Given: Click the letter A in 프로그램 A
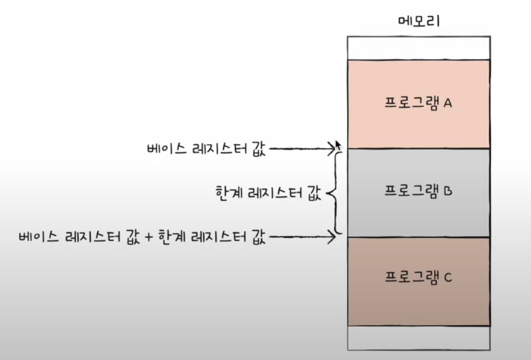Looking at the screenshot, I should click(448, 103).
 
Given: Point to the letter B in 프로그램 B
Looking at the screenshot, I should click(450, 192).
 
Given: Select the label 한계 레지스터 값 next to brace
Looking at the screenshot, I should click(268, 193).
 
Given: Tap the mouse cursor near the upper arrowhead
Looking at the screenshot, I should click(339, 145).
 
